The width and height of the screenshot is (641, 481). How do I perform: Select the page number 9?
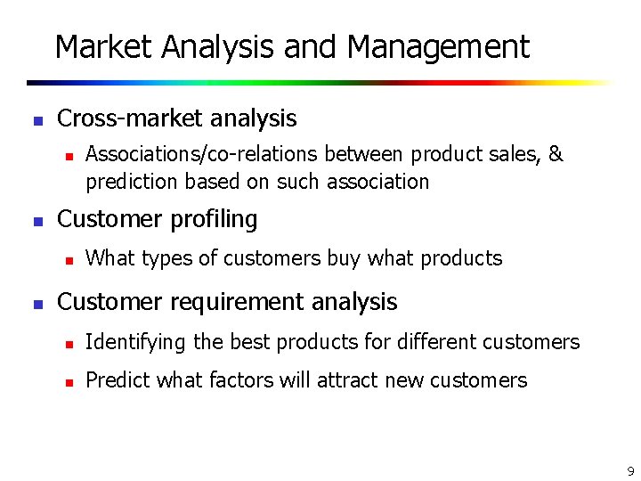630,470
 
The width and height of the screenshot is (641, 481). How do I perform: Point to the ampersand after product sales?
556,155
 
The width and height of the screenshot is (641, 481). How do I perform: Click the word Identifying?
135,342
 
